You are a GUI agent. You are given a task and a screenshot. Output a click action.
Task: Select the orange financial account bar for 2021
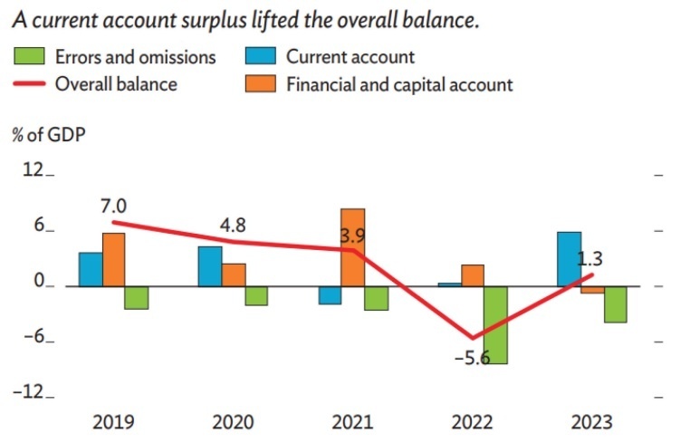(x=352, y=246)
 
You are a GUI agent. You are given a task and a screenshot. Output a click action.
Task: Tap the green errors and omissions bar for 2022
(x=495, y=324)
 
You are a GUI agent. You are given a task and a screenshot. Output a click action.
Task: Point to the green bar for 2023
(x=617, y=303)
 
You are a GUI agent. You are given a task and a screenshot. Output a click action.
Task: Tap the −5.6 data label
(x=471, y=358)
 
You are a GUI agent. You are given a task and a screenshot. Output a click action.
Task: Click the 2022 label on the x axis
(x=472, y=422)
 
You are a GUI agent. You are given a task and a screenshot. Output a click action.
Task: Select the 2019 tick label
(x=113, y=422)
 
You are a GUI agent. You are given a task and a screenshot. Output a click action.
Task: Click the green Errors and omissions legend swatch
(x=29, y=57)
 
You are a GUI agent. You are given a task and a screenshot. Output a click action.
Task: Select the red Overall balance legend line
(x=29, y=85)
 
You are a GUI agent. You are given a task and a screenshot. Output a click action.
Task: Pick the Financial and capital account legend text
(x=399, y=85)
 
